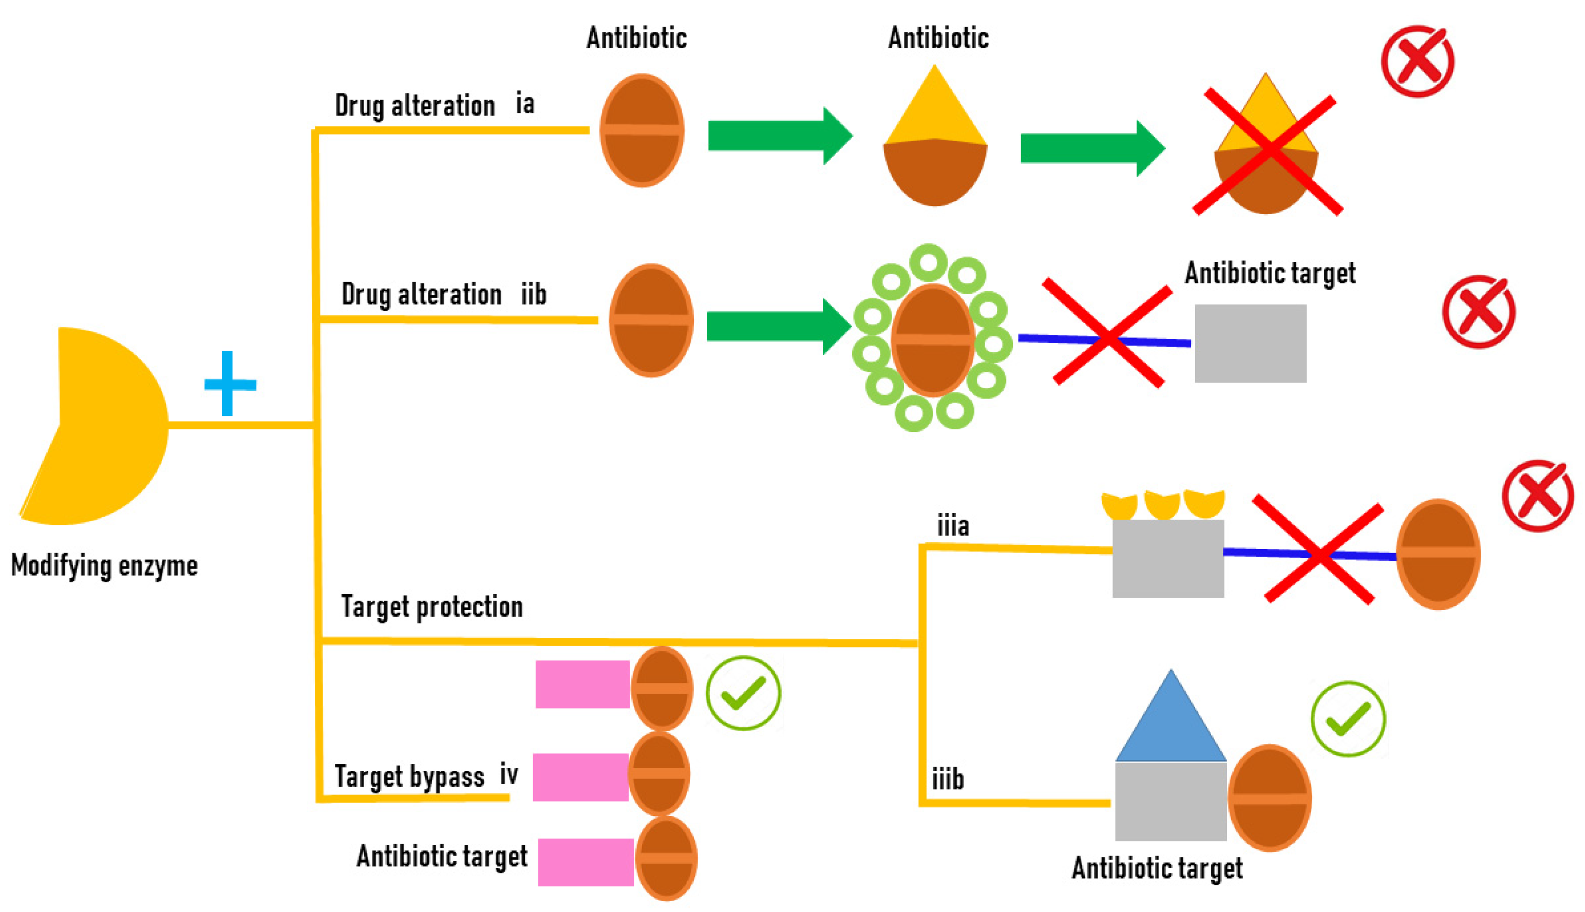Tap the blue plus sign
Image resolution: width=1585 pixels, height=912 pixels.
[229, 384]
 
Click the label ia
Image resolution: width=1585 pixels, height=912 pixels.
[525, 103]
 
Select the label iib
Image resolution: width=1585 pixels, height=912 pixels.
[534, 294]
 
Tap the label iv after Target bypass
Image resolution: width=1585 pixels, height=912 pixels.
[508, 775]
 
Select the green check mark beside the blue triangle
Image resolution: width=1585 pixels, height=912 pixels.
[1348, 718]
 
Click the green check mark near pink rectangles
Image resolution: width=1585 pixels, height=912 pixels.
[743, 693]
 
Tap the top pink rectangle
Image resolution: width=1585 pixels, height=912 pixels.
[582, 684]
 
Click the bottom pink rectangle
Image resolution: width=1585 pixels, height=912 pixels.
[585, 862]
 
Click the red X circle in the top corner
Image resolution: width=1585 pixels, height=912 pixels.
[1417, 62]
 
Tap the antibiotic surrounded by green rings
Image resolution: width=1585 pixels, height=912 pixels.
[932, 340]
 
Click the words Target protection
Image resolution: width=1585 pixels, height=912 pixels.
[431, 606]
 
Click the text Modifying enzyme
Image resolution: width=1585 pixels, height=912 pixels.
[104, 565]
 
